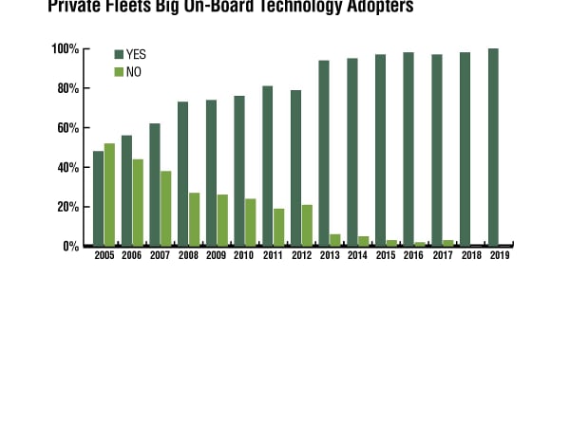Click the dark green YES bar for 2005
coord(98,198)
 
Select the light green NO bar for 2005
coord(109,195)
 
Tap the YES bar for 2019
coord(493,147)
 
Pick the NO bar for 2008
coord(194,219)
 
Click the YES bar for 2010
coord(239,171)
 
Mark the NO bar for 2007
coord(165,208)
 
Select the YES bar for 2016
coord(408,149)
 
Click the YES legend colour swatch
coord(119,54)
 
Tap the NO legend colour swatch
coord(119,71)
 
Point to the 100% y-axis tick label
coord(65,48)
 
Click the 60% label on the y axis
coord(67,128)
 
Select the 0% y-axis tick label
coord(70,247)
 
